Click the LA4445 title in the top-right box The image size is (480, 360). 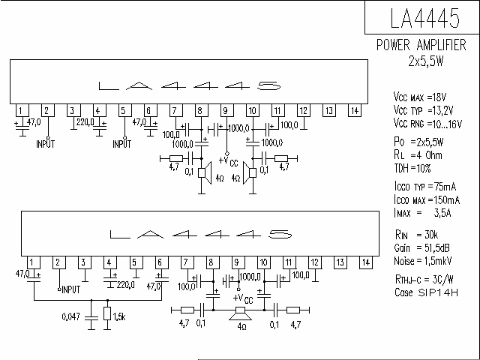tap(425, 18)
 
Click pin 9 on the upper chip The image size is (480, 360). tap(226, 110)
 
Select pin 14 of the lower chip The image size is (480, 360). tap(366, 262)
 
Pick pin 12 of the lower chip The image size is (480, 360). tap(315, 262)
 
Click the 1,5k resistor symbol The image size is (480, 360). tap(107, 313)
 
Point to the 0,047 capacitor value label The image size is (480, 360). tap(70, 316)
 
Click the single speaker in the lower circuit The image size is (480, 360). tap(241, 313)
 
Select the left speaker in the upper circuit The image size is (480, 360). tap(205, 172)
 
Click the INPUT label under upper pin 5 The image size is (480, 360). tap(121, 144)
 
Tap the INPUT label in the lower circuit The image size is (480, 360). tap(71, 289)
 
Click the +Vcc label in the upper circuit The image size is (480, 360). tap(228, 160)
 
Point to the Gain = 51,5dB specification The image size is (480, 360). tap(421, 247)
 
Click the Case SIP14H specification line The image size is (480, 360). tap(427, 292)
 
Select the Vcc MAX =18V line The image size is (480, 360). tap(420, 97)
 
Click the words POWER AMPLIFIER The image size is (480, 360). tap(421, 45)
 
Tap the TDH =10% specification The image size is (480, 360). tap(412, 168)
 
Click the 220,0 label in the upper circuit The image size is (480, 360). tap(85, 122)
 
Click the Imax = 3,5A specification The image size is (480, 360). tap(423, 213)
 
